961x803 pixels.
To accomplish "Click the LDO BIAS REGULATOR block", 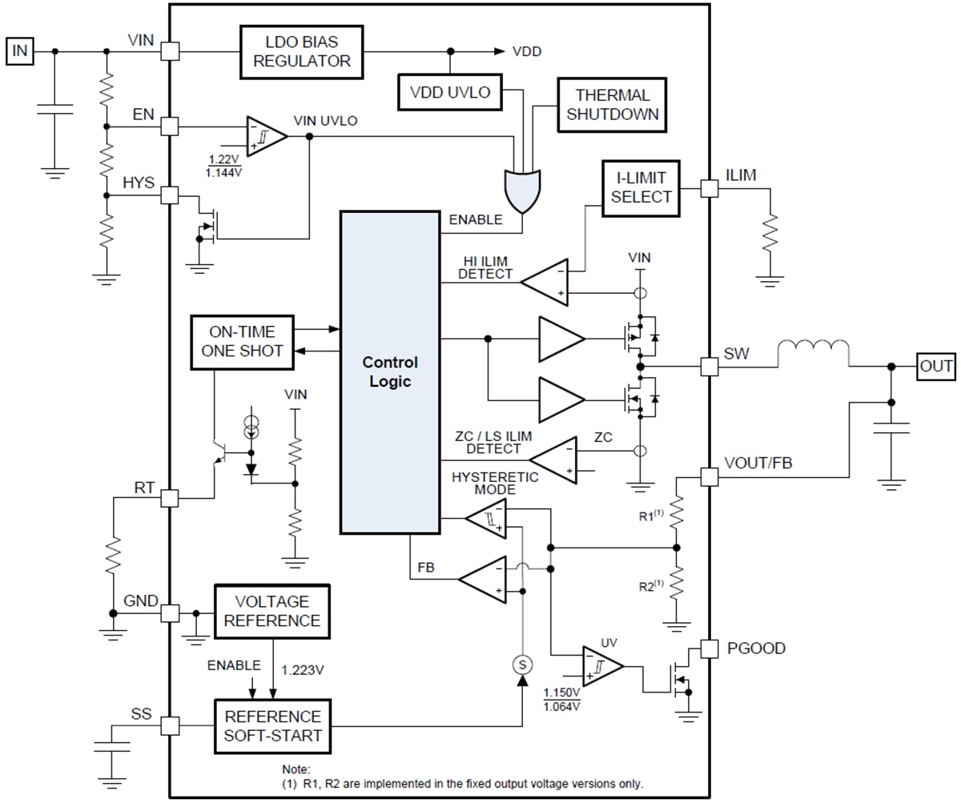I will (x=302, y=51).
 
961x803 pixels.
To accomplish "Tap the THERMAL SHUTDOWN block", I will (x=613, y=105).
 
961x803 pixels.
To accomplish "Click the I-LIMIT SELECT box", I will (x=641, y=187).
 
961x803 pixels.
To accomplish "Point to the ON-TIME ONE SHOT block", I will (x=242, y=342).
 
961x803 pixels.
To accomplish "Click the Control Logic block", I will (x=390, y=372).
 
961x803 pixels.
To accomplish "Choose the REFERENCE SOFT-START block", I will (x=272, y=725).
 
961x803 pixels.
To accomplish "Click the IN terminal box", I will (x=20, y=52).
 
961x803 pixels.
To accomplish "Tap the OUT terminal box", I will (x=936, y=367).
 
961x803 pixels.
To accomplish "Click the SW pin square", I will (x=709, y=367).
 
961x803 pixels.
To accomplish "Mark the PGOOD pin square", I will (x=709, y=648).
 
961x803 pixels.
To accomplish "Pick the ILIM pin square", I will (x=709, y=188).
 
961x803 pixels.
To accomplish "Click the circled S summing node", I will (x=523, y=664).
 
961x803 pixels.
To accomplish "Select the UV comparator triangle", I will (x=602, y=666).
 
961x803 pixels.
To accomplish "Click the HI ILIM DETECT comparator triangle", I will (x=546, y=281).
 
